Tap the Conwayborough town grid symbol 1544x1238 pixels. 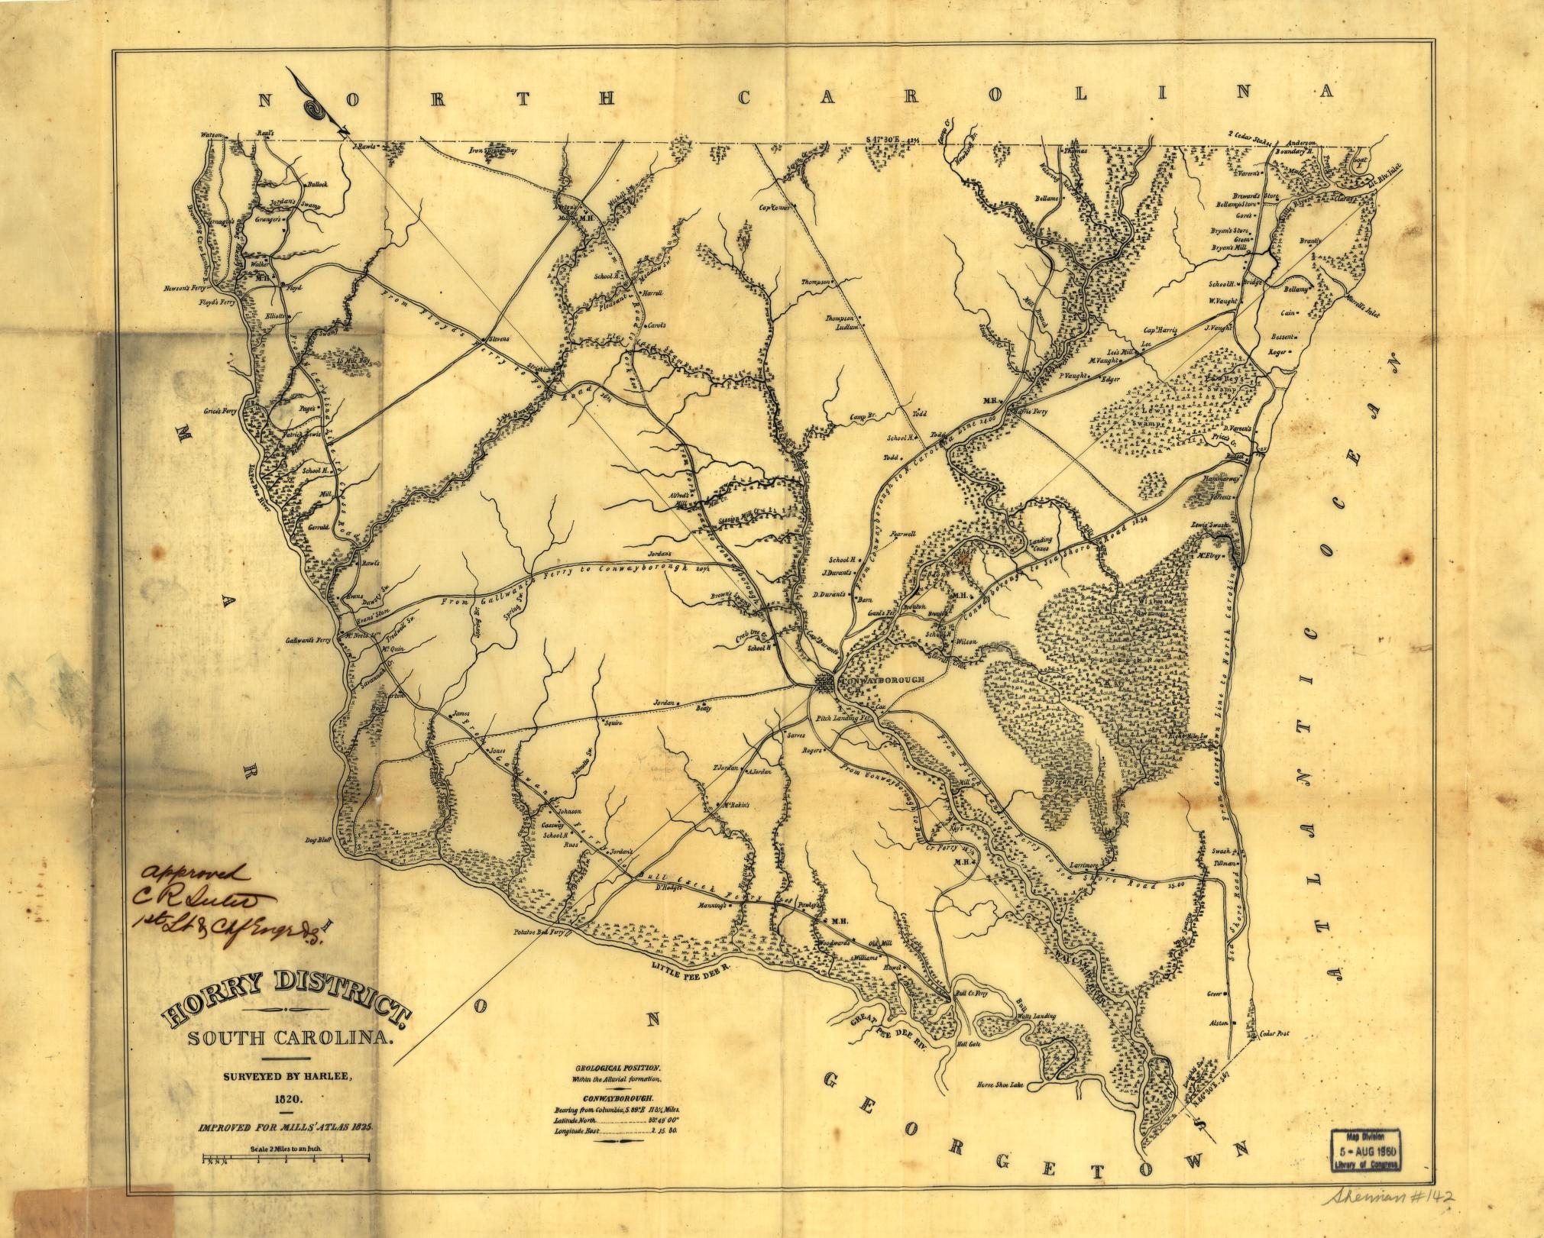825,684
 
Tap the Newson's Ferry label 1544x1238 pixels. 186,289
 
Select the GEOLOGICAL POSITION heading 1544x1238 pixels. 616,1066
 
